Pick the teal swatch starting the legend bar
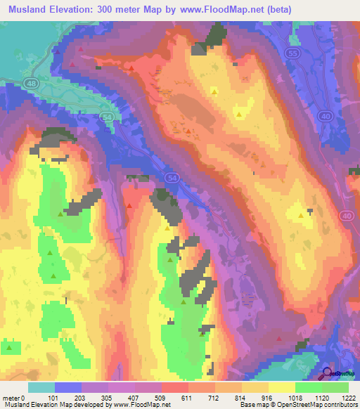[41, 387]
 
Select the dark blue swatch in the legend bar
[67, 387]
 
